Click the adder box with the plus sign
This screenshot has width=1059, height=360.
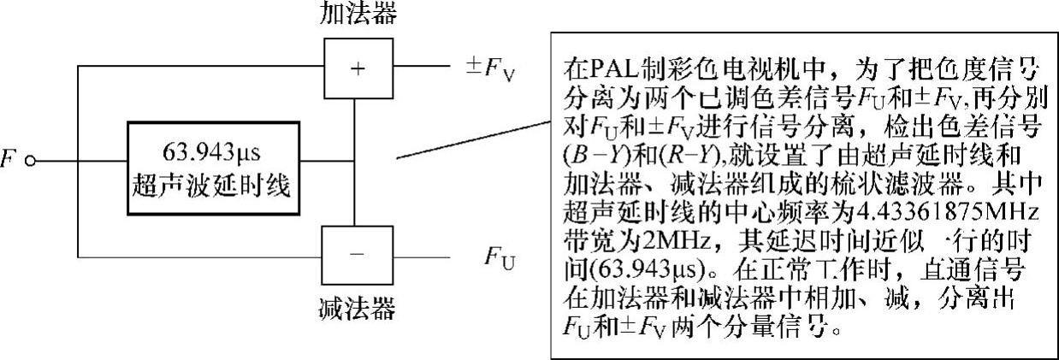[358, 68]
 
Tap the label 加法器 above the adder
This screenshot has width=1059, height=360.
[357, 14]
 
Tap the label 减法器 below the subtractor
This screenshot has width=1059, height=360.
[357, 306]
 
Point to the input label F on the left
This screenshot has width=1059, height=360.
[9, 160]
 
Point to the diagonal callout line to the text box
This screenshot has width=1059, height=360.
[470, 139]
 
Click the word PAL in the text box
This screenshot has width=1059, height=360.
[612, 68]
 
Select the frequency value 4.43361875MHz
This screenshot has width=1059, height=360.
[925, 210]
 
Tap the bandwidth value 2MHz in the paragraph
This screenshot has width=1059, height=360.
[664, 234]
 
